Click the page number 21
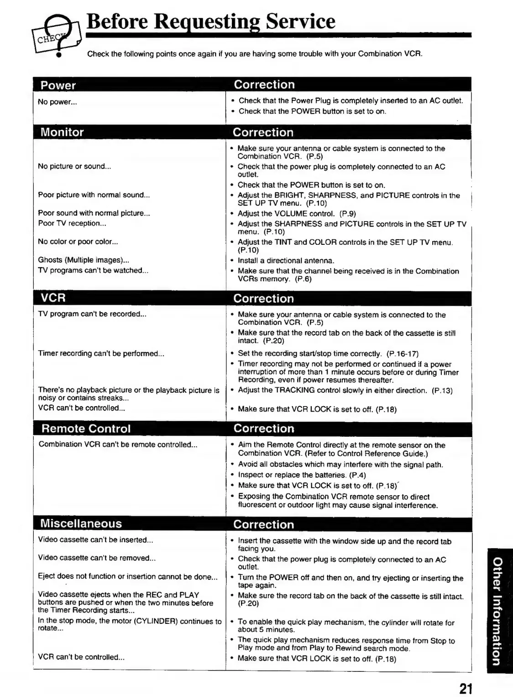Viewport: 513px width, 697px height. point(466,688)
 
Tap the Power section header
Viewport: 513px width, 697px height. point(58,85)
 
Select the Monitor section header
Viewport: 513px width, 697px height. point(62,132)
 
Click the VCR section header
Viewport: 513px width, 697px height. point(53,298)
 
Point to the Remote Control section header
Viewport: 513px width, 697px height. point(86,429)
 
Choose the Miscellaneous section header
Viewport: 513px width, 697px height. point(81,523)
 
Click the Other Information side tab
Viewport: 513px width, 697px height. point(499,610)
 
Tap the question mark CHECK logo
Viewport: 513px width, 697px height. point(57,34)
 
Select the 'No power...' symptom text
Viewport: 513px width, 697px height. point(58,102)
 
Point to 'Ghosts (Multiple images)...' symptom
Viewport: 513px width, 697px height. point(84,260)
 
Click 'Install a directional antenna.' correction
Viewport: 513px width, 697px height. point(286,261)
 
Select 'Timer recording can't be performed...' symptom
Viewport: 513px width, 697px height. point(101,354)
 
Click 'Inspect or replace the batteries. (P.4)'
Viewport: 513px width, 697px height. point(302,475)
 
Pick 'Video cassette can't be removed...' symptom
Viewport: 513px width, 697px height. point(97,558)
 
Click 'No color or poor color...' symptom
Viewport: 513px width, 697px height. point(78,242)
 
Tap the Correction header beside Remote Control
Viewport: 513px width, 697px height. point(264,429)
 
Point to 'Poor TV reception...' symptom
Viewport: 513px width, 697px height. point(72,223)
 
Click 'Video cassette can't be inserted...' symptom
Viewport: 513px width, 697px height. point(95,540)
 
